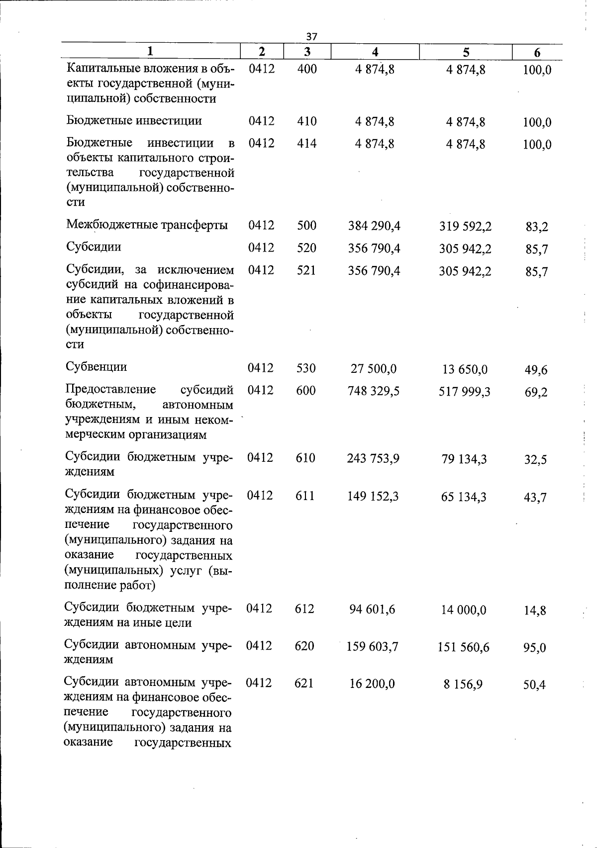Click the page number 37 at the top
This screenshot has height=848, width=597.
tap(311, 36)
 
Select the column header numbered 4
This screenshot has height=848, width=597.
tap(375, 51)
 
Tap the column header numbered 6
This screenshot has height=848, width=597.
tap(537, 52)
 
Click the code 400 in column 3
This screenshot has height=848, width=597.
tap(307, 69)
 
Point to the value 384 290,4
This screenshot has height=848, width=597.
tap(375, 226)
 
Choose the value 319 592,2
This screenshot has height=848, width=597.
tap(466, 227)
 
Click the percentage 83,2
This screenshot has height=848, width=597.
tap(537, 227)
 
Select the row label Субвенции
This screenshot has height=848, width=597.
tap(97, 367)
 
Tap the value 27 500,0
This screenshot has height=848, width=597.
tap(374, 369)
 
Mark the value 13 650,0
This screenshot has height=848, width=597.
tap(465, 369)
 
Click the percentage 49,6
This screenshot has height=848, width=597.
tap(536, 370)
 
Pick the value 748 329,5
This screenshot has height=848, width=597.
tap(374, 391)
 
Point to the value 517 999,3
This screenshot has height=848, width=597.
tap(465, 392)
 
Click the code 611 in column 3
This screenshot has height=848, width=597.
tap(305, 496)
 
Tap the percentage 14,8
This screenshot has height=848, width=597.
tap(535, 610)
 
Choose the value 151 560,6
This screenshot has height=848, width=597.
tap(464, 647)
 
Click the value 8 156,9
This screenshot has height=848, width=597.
tap(463, 684)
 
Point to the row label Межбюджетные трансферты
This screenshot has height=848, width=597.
tap(147, 225)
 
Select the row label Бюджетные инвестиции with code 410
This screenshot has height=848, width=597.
tap(134, 121)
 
